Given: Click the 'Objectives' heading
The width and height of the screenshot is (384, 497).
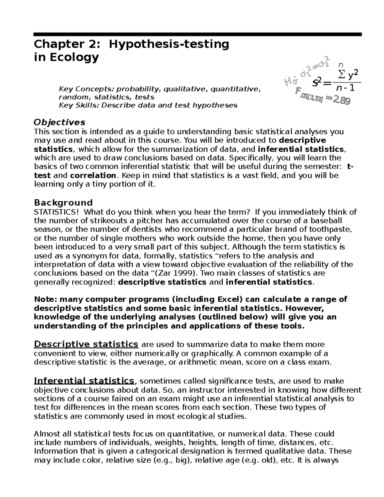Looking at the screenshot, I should click(x=60, y=122).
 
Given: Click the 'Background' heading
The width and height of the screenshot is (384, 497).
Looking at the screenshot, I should click(x=63, y=203).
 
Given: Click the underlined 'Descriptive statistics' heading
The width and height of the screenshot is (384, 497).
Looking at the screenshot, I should click(x=86, y=344).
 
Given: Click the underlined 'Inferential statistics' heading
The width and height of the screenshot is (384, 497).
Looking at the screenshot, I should click(x=84, y=381).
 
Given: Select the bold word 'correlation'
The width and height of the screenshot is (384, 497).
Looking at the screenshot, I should click(x=93, y=175).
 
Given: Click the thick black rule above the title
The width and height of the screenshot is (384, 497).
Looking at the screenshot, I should click(x=198, y=34).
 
